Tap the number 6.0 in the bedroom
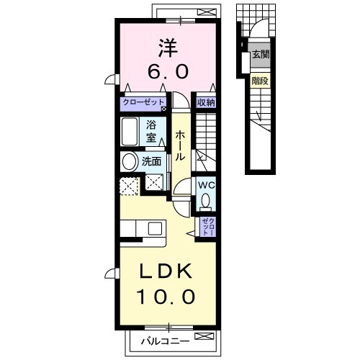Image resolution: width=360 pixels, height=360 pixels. point(170,71)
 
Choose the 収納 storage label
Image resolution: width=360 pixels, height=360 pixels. point(207,103)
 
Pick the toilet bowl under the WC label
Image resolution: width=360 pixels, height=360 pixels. point(207,200)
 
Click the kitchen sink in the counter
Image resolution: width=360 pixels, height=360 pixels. point(154,228)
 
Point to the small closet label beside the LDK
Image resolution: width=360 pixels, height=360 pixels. point(207,227)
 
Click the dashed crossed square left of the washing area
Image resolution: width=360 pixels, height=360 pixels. point(130,185)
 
